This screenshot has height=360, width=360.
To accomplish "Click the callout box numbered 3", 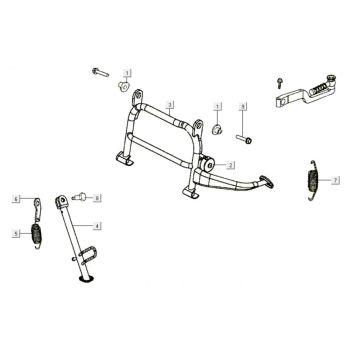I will (171, 105).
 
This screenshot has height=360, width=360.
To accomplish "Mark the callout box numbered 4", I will (96, 226).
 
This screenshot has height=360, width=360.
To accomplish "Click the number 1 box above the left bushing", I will (128, 74).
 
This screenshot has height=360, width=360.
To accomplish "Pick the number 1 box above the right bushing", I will (217, 106).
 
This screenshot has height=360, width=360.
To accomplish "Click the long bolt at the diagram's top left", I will (100, 72).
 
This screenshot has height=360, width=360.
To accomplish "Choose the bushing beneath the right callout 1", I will (215, 129).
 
